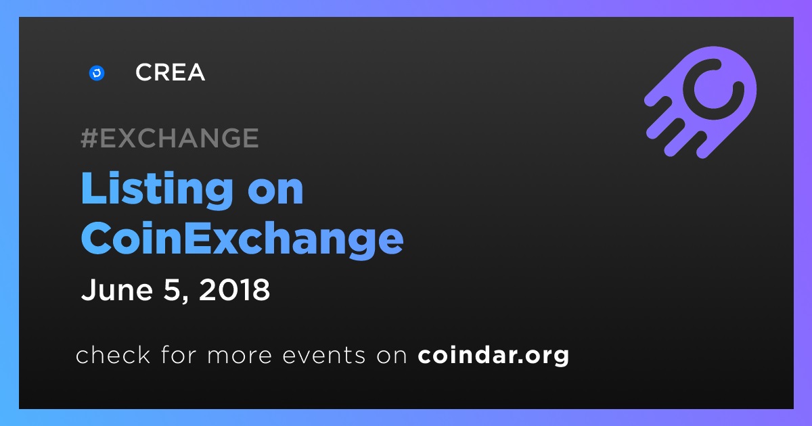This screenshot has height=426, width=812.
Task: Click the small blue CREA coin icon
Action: click(97, 73)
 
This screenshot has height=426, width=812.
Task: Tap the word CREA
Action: click(170, 72)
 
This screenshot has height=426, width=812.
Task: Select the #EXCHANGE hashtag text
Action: click(170, 138)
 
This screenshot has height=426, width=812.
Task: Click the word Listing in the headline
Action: click(157, 189)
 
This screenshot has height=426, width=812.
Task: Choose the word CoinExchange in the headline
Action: click(242, 239)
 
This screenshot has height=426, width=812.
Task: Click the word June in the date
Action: click(116, 290)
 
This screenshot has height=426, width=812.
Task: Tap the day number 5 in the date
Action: click(172, 290)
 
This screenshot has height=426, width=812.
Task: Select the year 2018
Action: click(234, 290)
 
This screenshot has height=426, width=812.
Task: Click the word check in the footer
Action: click(113, 354)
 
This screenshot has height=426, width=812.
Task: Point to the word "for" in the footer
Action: click(179, 354)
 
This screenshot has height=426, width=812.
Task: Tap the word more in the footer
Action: click(240, 356)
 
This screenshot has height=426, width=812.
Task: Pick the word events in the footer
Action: click(323, 355)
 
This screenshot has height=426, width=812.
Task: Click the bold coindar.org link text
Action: click(493, 355)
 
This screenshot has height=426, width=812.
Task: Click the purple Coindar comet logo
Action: click(701, 102)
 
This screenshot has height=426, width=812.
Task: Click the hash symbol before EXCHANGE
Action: click(89, 138)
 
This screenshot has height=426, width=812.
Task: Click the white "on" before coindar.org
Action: click(392, 356)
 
